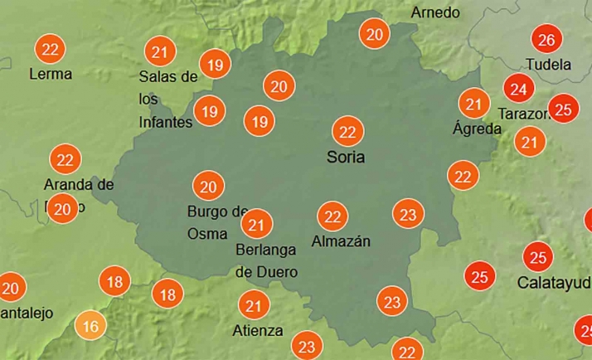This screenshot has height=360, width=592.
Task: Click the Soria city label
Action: coord(345,157)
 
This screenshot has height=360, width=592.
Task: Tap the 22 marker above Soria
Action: coord(347,131)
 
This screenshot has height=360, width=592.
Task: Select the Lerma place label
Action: coord(50,74)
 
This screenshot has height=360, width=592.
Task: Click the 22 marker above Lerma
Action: coord(50,49)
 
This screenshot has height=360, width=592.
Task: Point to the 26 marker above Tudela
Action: coord(546,39)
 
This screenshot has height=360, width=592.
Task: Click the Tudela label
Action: coord(548,64)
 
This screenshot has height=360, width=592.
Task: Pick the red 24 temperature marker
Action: coord(519,87)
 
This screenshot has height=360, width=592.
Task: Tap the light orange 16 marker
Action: coord(90,325)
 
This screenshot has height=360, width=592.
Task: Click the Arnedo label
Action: coord(435,12)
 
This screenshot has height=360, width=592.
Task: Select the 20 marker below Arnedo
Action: coord(375,34)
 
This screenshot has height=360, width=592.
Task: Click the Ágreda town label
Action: coord(477,129)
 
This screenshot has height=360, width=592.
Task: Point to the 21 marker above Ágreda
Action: coord(474,104)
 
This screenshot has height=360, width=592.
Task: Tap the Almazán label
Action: coord(340,241)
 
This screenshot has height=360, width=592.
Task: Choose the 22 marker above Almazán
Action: coord(332,216)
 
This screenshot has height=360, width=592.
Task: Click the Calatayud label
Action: coord(554,282)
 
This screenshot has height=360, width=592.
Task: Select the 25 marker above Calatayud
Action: coord(538,256)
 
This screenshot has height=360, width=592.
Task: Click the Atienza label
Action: coord(258,331)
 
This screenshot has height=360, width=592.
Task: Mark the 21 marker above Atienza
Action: coord(254,307)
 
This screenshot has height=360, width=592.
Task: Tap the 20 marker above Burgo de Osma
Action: coord(207,186)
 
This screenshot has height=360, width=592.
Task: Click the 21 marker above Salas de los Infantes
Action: coord(159,52)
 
